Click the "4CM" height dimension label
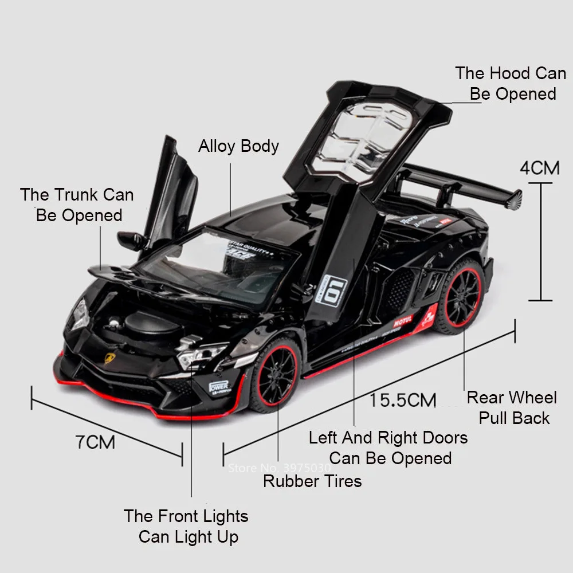click(539, 168)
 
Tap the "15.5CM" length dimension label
click(402, 399)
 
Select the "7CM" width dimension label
click(95, 442)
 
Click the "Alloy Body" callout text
click(238, 146)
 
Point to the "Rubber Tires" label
click(312, 481)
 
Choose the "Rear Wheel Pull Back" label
click(512, 407)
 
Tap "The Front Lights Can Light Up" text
click(187, 526)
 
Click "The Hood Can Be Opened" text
click(511, 84)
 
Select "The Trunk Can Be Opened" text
click(77, 205)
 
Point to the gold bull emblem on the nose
click(109, 358)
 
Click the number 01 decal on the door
click(335, 291)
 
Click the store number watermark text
click(280, 468)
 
